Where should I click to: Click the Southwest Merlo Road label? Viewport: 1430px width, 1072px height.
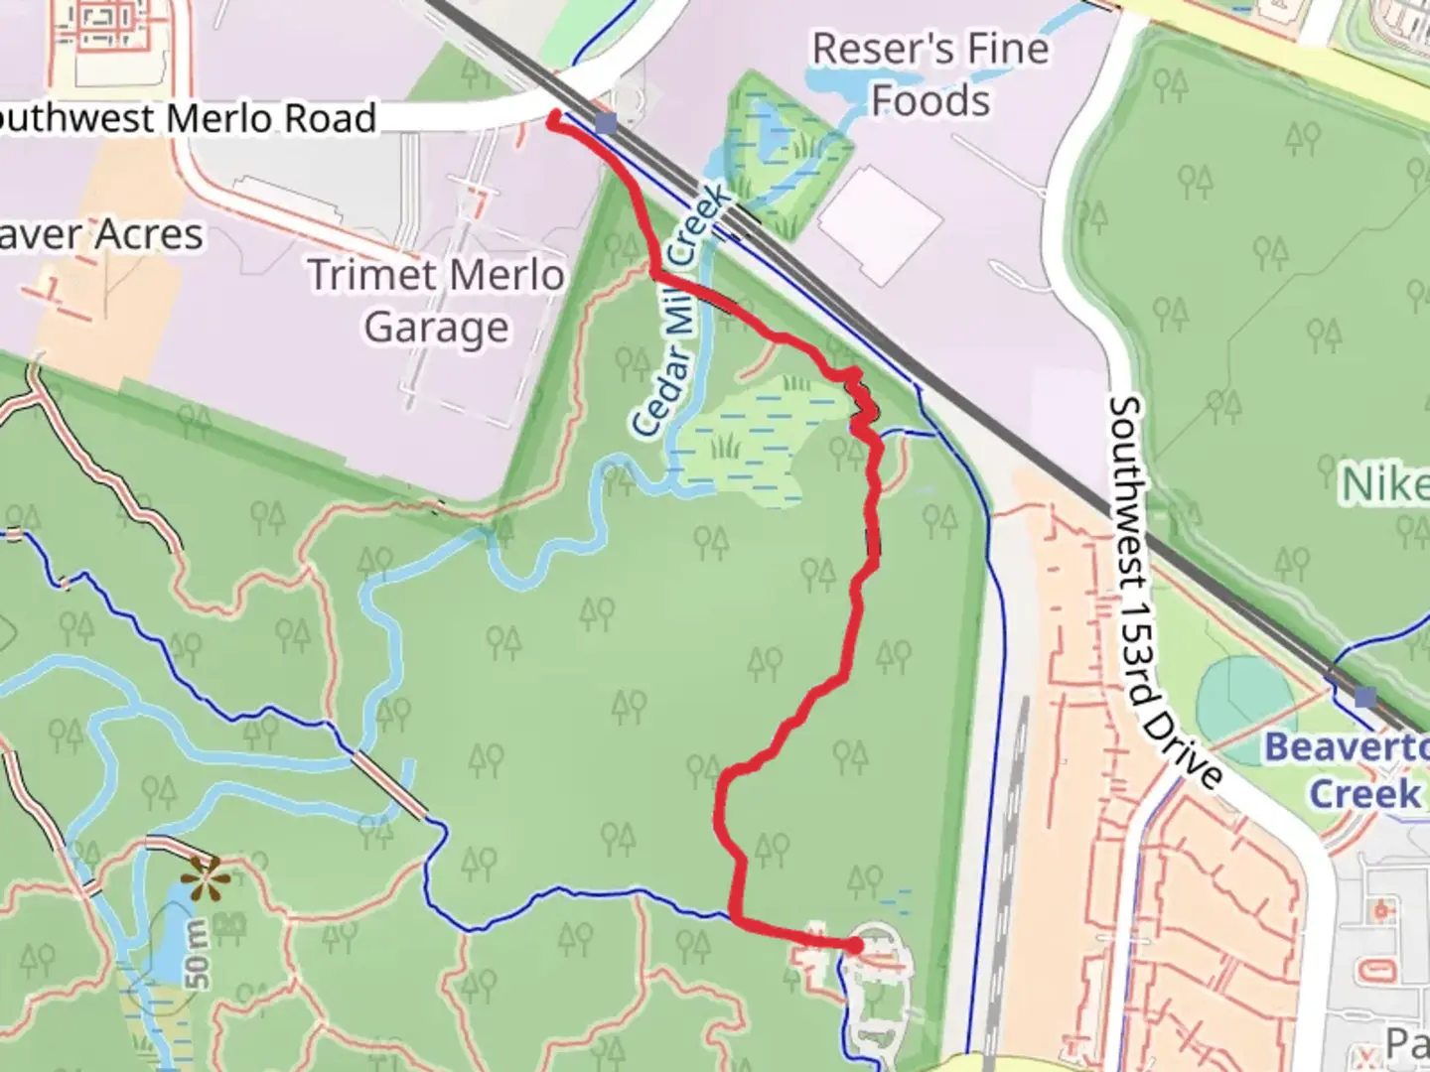pos(189,118)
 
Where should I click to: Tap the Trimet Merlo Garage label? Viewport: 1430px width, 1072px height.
pos(436,301)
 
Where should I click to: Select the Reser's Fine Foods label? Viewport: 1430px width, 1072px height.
pos(930,74)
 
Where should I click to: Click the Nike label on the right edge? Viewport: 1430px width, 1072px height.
pos(1385,485)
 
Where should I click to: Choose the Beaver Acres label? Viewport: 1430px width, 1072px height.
pos(99,235)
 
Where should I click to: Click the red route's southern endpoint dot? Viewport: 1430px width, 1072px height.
pos(855,946)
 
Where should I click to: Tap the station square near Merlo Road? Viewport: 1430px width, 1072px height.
pos(607,123)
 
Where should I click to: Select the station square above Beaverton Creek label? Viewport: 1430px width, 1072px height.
pos(1365,697)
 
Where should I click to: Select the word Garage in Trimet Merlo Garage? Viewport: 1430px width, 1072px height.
pos(436,328)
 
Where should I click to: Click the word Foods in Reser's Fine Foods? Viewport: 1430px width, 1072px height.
pos(930,100)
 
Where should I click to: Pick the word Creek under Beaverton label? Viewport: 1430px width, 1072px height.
pos(1364,794)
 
